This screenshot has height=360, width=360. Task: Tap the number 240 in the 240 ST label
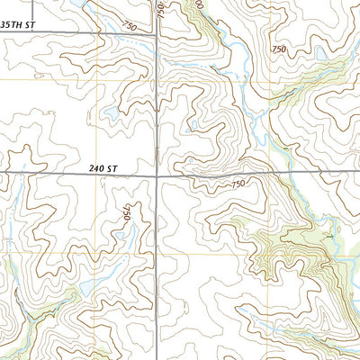tap(98, 168)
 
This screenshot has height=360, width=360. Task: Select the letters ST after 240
tap(113, 168)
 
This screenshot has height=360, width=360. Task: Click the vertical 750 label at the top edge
tap(160, 9)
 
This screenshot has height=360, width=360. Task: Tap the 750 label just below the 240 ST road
tap(238, 184)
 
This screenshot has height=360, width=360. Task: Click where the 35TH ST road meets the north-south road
tap(158, 34)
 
